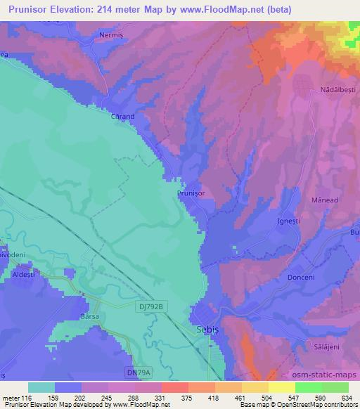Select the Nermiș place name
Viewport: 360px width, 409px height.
tap(116, 34)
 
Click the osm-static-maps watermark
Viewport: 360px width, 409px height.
tap(323, 375)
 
